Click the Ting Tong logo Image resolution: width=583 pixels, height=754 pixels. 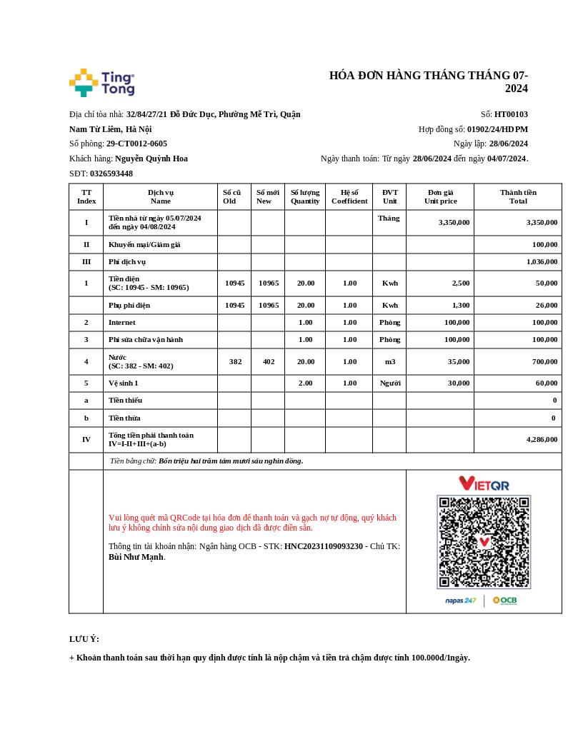coord(101,83)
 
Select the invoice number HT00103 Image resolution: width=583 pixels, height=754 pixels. coord(511,114)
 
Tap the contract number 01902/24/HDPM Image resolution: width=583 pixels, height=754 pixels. coord(497,129)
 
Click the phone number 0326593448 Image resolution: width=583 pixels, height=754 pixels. coord(111,174)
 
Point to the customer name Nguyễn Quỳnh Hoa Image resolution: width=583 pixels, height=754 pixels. coord(151,159)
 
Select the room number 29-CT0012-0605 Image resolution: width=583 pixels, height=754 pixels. coord(136,144)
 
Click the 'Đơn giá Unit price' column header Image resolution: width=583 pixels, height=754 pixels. coord(440,196)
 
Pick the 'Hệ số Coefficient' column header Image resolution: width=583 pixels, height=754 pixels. coord(349,196)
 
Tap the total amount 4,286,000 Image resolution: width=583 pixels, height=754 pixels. coord(542,440)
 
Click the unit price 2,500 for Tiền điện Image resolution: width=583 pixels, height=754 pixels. coord(460,283)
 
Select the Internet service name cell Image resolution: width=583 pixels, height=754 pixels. coord(122,323)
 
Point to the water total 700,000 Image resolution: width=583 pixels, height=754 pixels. coord(543,362)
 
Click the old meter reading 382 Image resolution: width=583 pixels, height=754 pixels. coord(235,362)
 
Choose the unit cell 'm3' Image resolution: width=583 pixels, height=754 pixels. coord(389,362)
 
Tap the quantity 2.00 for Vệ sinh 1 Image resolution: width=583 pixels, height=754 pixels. coord(305,383)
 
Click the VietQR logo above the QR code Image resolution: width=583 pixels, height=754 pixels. coord(484,483)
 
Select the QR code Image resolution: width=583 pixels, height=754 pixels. coord(484,542)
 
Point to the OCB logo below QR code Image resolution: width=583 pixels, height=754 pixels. coord(505,600)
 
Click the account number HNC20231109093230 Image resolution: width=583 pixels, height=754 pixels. coord(324,547)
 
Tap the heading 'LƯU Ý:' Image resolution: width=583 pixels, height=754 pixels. coord(84,639)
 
